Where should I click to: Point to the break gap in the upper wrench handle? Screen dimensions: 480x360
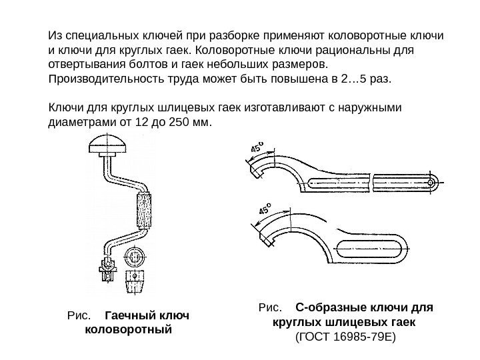370,179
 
